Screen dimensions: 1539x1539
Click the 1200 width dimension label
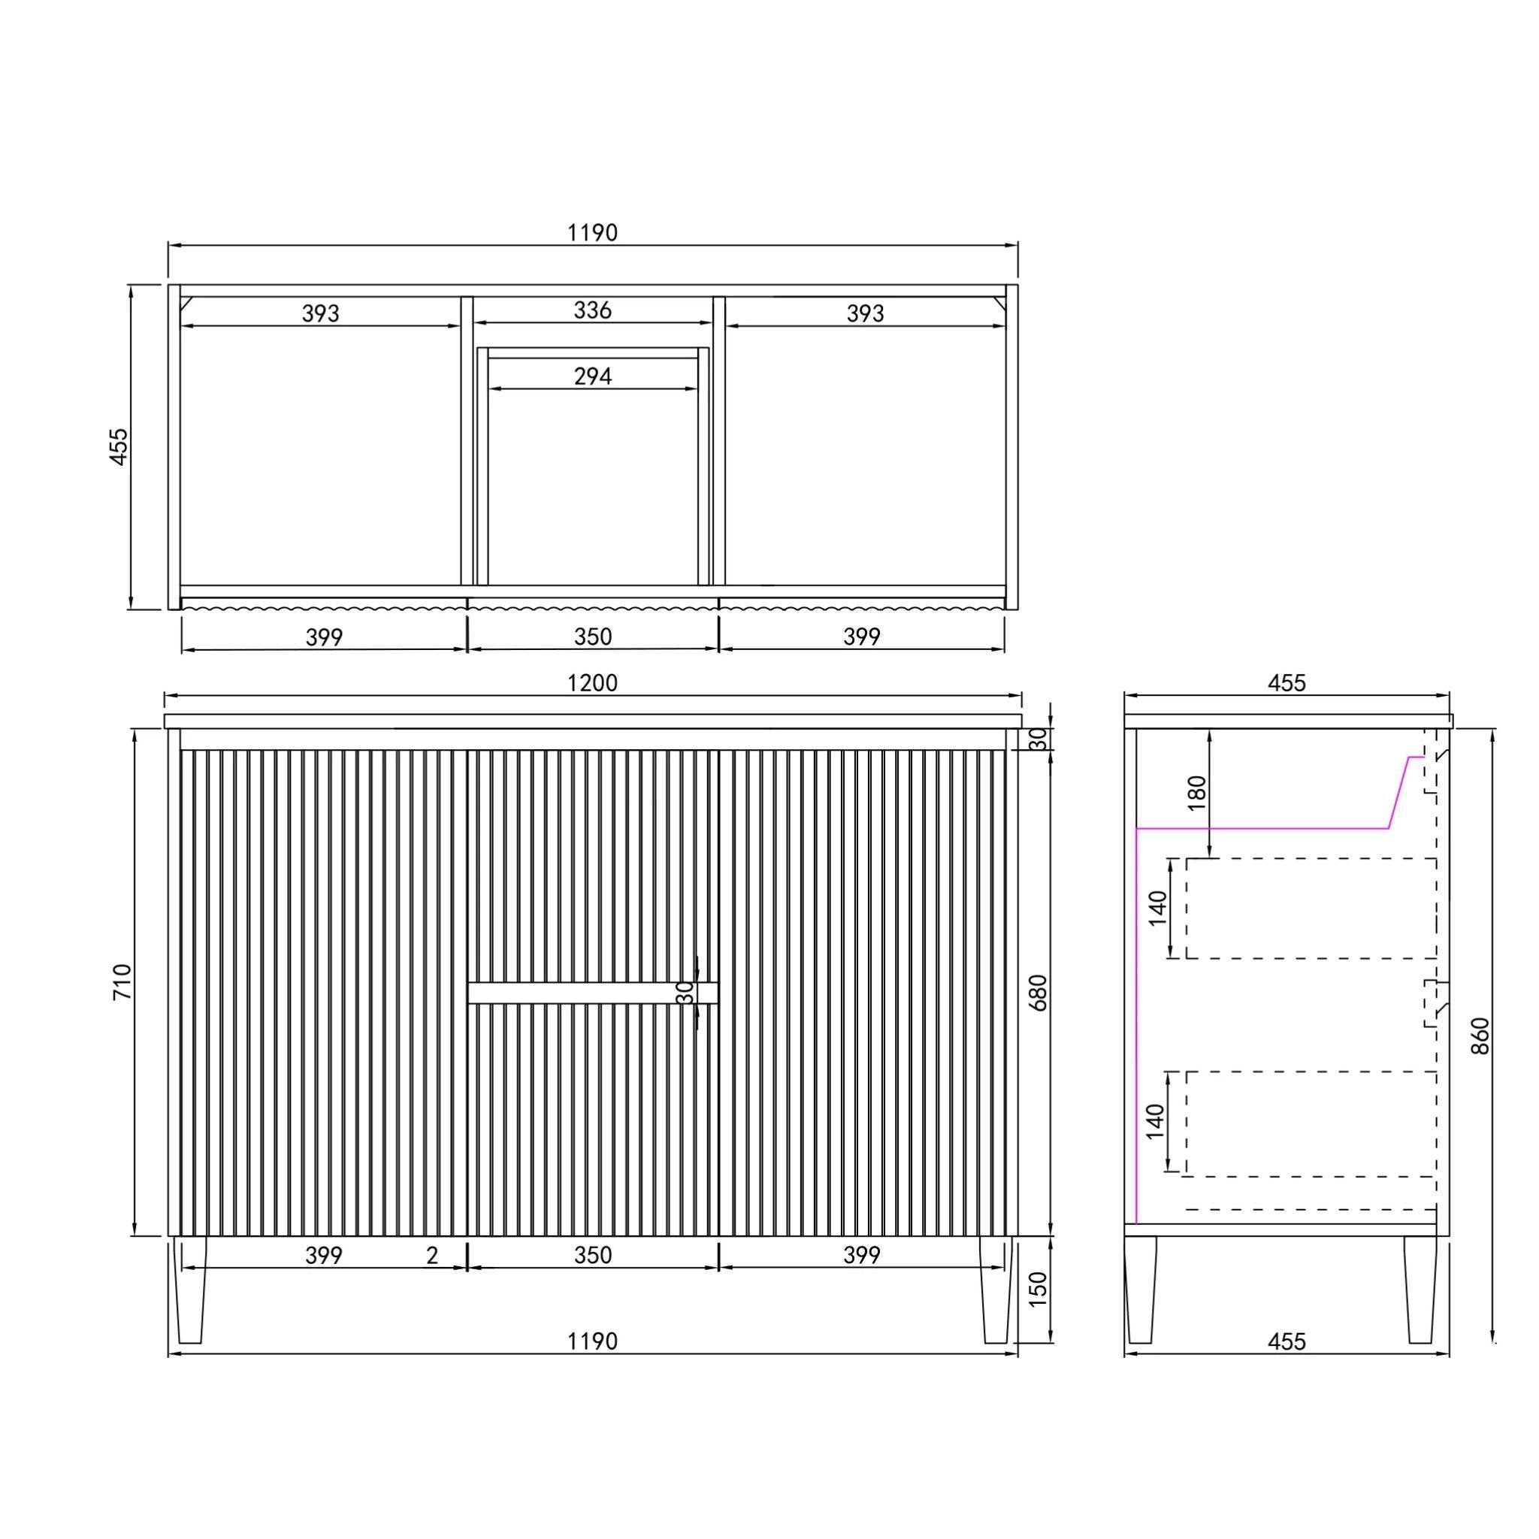pos(593,682)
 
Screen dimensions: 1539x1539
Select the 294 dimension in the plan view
pos(593,376)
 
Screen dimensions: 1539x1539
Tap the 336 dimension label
pos(593,310)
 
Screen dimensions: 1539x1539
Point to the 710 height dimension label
pos(122,981)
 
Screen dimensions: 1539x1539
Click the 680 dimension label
pos(1038,993)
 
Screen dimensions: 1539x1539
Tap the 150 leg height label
pos(1038,1289)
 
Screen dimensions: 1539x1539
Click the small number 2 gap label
pos(432,1256)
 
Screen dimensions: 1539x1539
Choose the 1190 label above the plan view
pos(593,233)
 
